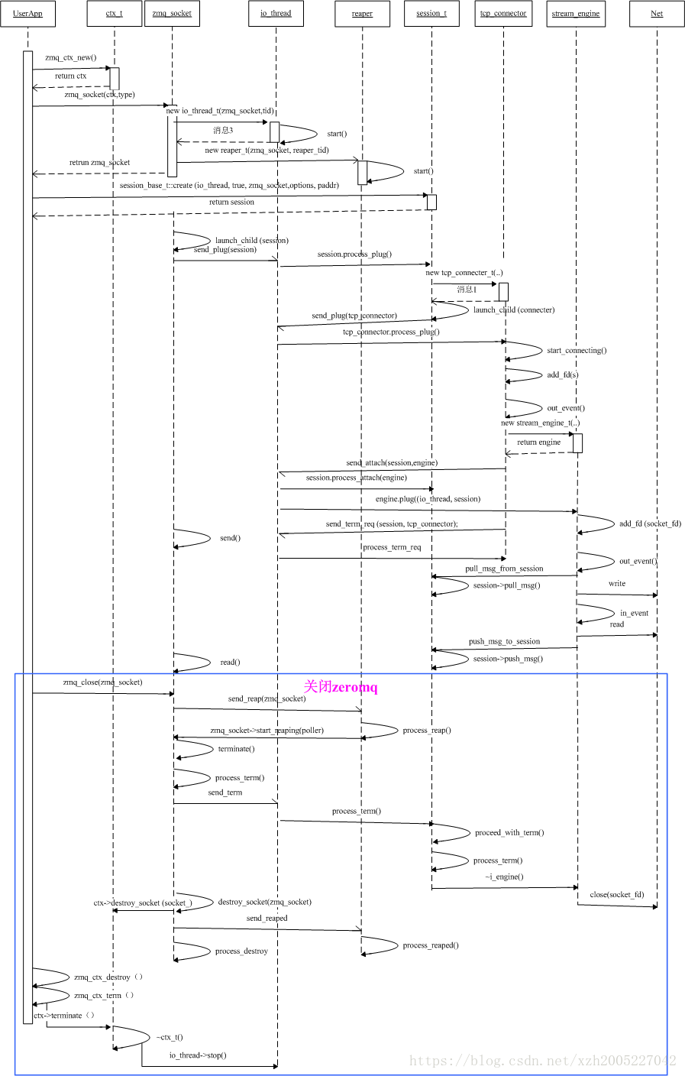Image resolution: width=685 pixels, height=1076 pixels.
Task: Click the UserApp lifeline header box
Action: pos(27,14)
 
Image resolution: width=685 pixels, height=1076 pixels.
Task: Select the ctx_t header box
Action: pos(115,14)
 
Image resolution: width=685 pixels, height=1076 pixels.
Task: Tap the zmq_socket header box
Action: pos(172,14)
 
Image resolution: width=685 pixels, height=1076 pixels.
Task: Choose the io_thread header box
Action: pos(276,14)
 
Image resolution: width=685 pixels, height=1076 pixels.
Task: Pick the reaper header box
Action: pos(362,14)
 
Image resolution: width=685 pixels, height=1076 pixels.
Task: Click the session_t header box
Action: pos(431,14)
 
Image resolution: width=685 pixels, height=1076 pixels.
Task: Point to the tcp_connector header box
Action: pos(503,14)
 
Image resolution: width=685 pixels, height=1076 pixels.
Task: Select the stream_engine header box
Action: pos(577,14)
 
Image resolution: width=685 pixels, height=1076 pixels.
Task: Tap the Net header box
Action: pos(657,14)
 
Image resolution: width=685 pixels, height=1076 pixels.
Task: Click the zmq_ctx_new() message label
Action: pos(71,57)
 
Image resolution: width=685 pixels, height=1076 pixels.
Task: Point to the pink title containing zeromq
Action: pos(341,687)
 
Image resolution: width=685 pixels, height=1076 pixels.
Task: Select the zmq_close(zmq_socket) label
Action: pos(102,682)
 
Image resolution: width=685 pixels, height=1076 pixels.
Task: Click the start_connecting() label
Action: pos(577,350)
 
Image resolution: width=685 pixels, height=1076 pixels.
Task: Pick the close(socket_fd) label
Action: pos(617,894)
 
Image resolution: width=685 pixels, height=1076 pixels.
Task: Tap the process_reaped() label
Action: pos(431,945)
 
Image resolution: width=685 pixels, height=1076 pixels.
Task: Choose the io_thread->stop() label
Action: pos(198,1055)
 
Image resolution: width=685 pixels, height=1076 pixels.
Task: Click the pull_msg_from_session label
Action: pos(504,569)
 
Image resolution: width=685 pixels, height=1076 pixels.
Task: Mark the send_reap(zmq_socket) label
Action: pos(267,698)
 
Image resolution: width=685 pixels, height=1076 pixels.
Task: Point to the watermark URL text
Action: pos(542,1061)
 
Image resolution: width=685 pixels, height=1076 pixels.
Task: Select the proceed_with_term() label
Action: pos(509,832)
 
